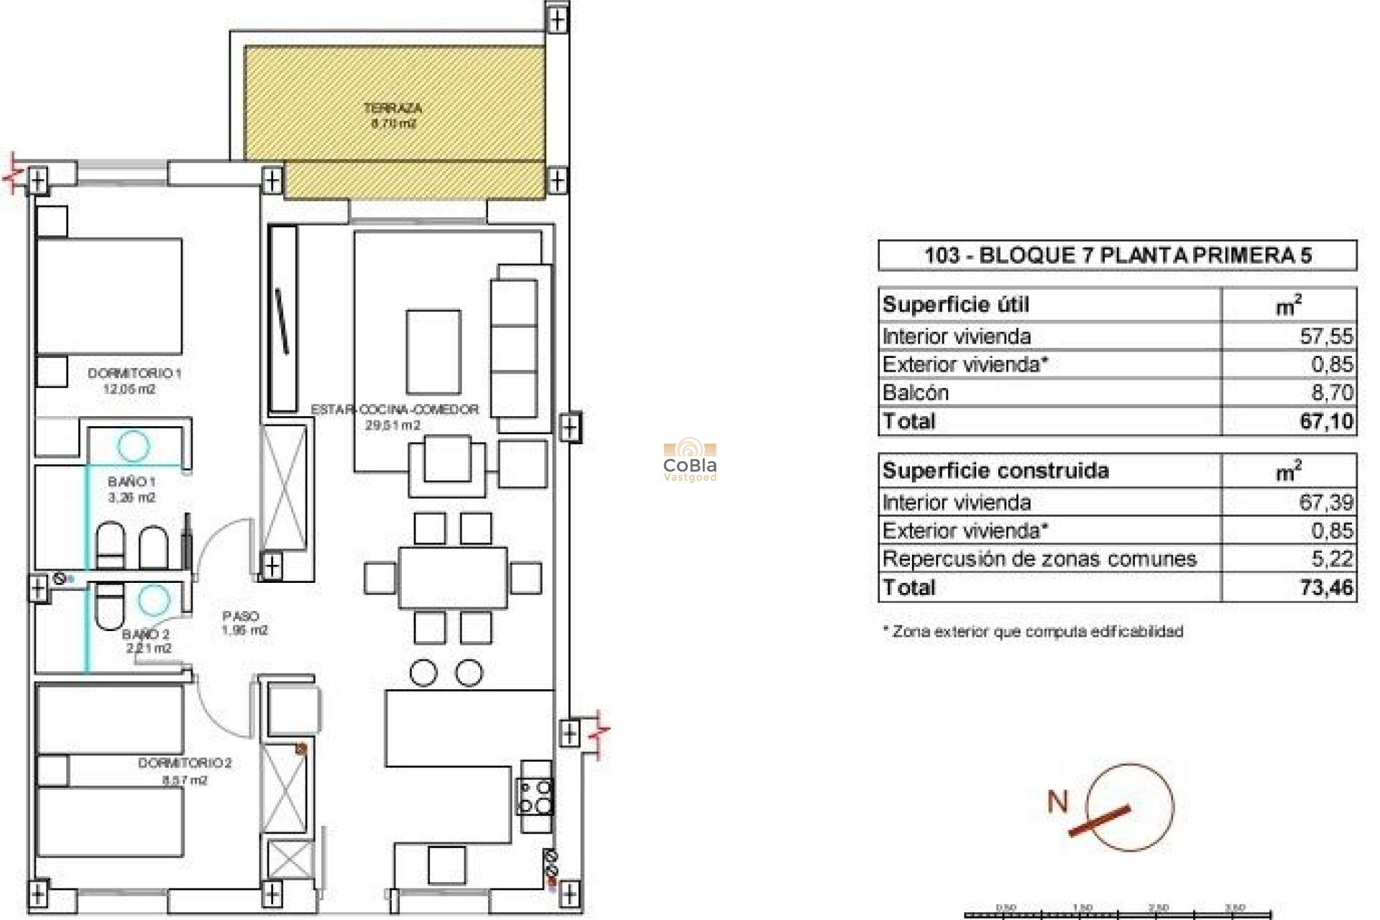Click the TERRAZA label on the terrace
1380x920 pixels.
[x=392, y=109]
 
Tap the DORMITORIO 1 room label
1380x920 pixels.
[x=134, y=374]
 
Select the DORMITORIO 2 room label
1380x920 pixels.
[x=185, y=763]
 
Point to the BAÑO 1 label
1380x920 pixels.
[x=132, y=482]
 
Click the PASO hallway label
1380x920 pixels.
[x=241, y=617]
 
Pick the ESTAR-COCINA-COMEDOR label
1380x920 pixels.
[x=395, y=410]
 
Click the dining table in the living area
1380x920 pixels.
[x=453, y=578]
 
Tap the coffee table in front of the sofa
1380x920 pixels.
[x=433, y=351]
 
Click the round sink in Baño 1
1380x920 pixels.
[x=133, y=446]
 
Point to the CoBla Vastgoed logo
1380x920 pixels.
[x=690, y=461]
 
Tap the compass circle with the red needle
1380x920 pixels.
[x=1129, y=807]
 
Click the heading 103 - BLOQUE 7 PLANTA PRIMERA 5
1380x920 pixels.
[x=1118, y=255]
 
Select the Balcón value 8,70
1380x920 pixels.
[x=1332, y=392]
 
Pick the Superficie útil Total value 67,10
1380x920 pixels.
[x=1326, y=421]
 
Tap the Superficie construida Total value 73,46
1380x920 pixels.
[x=1326, y=588]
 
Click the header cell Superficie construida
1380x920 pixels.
[x=995, y=471]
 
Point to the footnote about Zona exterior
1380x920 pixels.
[x=1033, y=632]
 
